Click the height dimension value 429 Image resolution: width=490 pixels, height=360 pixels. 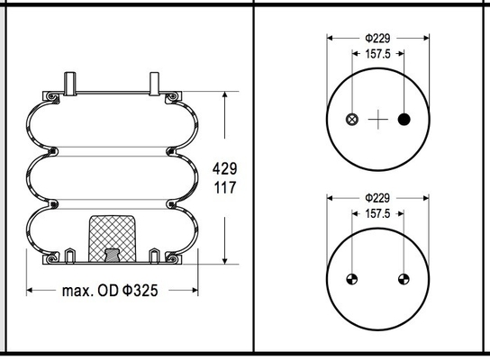coord(224,169)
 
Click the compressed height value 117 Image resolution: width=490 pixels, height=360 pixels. coord(224,187)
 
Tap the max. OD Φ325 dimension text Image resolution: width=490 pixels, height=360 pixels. coord(110,291)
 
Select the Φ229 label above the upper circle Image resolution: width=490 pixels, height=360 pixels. coord(377,39)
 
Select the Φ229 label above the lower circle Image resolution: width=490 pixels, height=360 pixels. coord(377,198)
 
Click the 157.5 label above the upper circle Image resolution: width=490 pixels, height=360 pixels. coord(377,54)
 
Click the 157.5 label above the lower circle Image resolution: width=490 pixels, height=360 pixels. coord(377,214)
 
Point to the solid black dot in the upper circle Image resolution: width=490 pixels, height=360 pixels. coord(404,120)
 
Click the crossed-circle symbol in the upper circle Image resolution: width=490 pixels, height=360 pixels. coord(352,120)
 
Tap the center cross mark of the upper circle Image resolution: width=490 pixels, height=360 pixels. coord(378,120)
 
